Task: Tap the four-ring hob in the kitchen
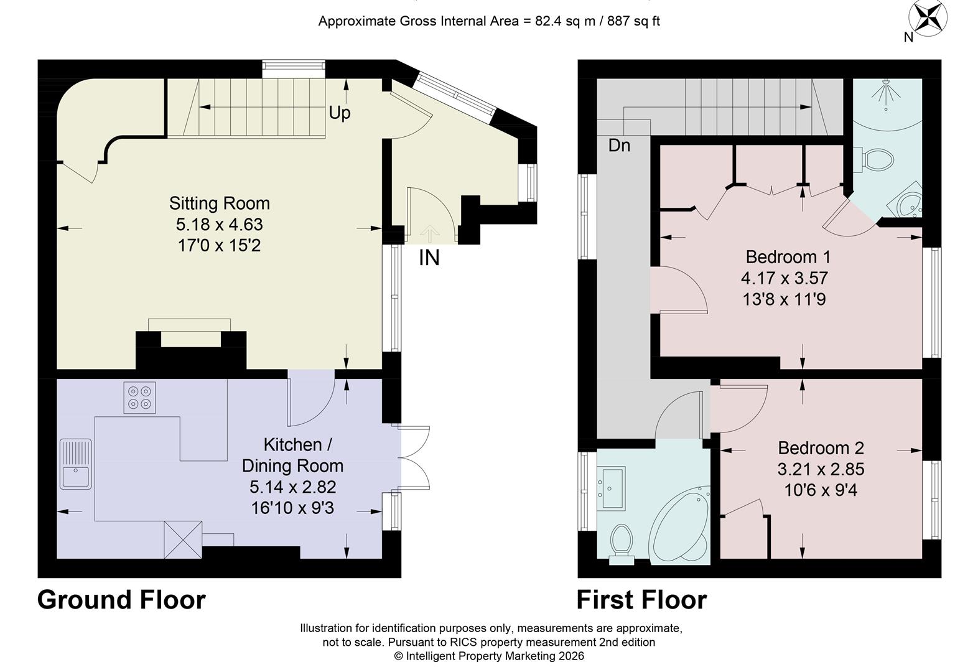[x=139, y=398]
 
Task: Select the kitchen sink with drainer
[x=76, y=464]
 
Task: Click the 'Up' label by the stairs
[x=339, y=113]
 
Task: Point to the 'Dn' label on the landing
[x=619, y=146]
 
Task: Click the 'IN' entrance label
[x=429, y=258]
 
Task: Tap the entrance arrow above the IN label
[x=429, y=233]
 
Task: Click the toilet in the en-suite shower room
[x=877, y=160]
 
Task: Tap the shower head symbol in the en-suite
[x=885, y=96]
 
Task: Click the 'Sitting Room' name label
[x=219, y=203]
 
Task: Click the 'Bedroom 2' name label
[x=821, y=448]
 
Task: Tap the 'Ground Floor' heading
[x=121, y=600]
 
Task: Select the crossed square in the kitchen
[x=183, y=539]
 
